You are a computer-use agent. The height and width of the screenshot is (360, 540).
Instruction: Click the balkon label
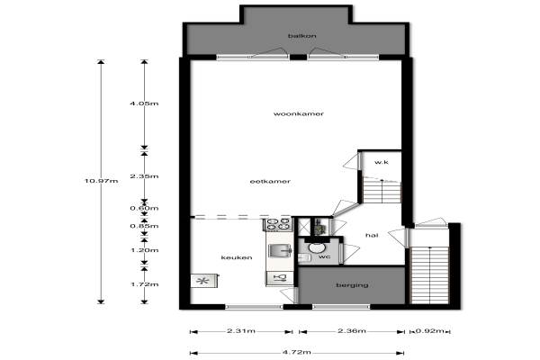[302, 36]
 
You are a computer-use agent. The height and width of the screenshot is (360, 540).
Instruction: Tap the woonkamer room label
[299, 113]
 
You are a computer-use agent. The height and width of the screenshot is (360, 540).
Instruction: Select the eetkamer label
[270, 181]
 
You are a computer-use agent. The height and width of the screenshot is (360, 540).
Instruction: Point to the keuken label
[237, 257]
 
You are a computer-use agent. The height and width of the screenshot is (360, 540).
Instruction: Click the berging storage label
[352, 285]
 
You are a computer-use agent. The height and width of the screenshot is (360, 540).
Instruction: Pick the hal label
[372, 235]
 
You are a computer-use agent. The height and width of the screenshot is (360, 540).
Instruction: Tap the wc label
[324, 256]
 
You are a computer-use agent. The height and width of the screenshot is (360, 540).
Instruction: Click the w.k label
[382, 162]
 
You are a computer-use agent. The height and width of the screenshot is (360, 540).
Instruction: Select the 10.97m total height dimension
[101, 181]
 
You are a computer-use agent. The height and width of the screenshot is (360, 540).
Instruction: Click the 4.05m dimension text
[144, 103]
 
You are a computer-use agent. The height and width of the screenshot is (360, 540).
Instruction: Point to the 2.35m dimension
[144, 176]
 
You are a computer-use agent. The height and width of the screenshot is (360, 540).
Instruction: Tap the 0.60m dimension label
[144, 208]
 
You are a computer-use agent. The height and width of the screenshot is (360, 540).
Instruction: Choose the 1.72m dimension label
[145, 284]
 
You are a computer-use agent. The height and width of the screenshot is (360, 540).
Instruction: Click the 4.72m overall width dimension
[296, 352]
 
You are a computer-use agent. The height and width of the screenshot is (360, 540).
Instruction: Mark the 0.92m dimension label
[430, 331]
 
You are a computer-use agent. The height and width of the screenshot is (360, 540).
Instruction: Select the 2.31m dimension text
[241, 331]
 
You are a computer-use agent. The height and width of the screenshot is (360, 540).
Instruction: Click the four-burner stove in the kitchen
[278, 224]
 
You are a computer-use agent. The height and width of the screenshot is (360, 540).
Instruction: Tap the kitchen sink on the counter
[280, 251]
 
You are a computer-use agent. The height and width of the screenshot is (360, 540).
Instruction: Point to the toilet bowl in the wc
[315, 247]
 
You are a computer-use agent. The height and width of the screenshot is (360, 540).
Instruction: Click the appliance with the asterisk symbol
[204, 281]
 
